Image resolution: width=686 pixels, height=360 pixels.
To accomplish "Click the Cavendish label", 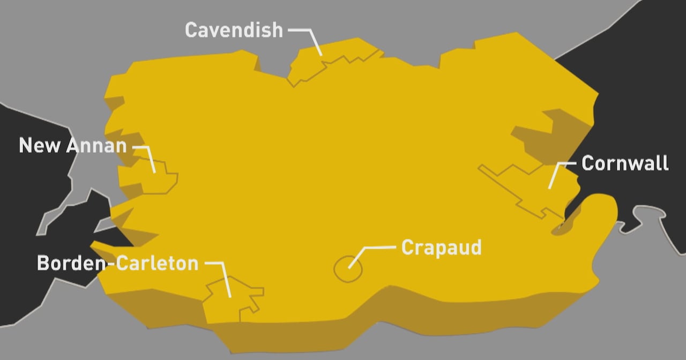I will tap(234, 30).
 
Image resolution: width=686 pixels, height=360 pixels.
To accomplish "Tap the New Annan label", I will tap(73, 145).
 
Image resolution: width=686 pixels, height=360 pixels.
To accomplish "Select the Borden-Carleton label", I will tap(117, 263).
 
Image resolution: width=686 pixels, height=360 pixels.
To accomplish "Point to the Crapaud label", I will tap(441, 247).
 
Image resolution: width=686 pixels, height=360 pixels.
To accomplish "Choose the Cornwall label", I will tap(625, 163).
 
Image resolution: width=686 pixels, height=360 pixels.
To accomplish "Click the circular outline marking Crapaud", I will tap(348, 268).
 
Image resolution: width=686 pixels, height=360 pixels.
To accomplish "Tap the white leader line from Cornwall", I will tap(555, 174).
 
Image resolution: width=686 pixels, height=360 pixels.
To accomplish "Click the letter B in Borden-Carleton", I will tap(43, 263).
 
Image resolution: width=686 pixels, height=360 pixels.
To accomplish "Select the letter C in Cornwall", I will tap(588, 163).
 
